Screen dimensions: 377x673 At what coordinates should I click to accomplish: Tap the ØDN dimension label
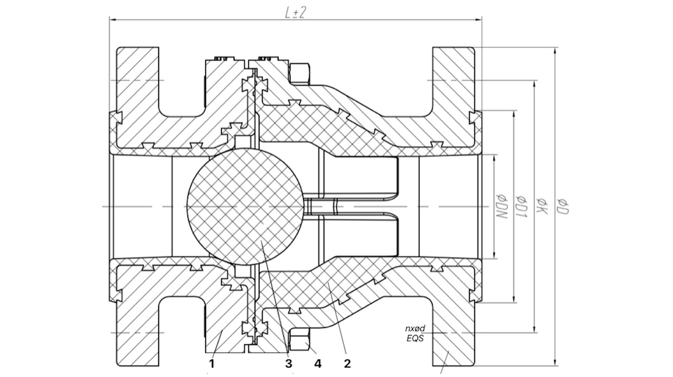(499, 206)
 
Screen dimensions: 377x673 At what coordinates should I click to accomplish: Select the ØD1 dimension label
(520, 206)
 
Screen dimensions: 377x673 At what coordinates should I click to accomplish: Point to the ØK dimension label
(541, 206)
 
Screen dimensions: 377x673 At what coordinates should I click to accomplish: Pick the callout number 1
(212, 364)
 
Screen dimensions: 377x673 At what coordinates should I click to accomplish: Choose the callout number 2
(347, 364)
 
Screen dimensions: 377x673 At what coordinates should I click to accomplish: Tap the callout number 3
(288, 364)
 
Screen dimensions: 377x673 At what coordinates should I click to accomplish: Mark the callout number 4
(318, 364)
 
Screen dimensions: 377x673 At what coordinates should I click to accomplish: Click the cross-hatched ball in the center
(245, 206)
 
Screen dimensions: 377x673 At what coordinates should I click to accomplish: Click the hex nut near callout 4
(300, 340)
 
